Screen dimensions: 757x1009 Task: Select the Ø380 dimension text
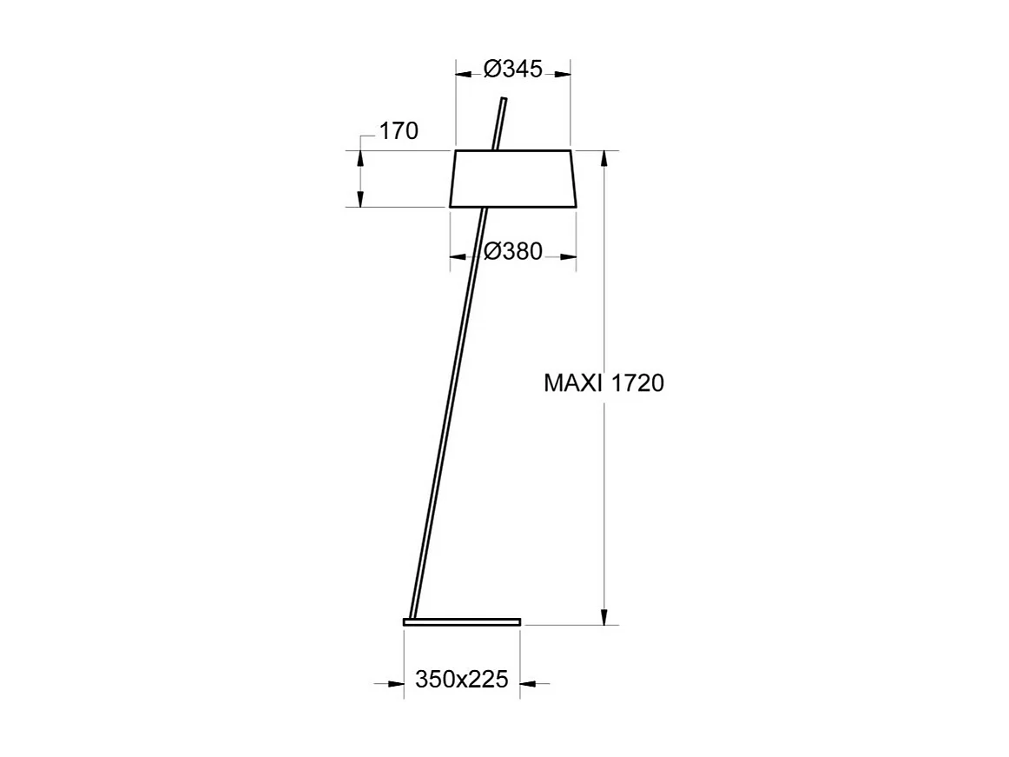click(513, 252)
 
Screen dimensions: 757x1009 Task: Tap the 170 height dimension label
click(399, 131)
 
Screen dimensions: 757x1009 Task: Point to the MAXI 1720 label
click(603, 383)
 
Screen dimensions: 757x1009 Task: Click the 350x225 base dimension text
click(461, 680)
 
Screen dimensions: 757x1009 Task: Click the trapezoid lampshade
click(513, 179)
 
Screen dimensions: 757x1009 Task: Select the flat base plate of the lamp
click(462, 621)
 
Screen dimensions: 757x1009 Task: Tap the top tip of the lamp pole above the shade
click(503, 102)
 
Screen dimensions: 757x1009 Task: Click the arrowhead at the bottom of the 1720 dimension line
click(604, 616)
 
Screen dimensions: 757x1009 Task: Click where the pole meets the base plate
click(412, 617)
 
